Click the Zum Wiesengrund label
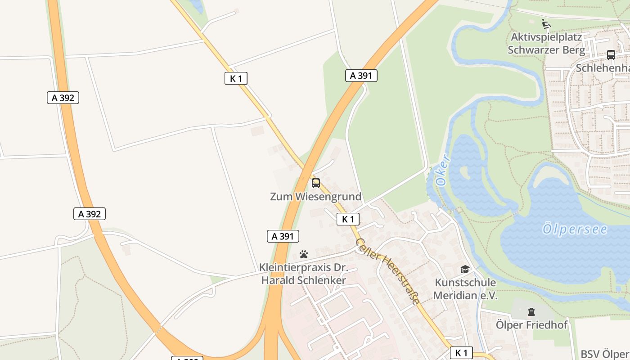coord(315,197)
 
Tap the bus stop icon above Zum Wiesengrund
coord(316,183)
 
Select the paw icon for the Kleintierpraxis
coord(304,254)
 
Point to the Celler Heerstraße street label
coord(388,271)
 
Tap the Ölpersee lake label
coord(575,229)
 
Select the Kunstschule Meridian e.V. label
coord(465,289)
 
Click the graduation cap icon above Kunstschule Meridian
coord(465,270)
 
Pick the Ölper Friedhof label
coord(532,324)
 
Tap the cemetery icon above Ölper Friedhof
coord(531,311)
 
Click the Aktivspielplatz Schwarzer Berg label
coord(546,43)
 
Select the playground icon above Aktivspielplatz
coord(546,24)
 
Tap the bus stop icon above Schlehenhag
coord(611,55)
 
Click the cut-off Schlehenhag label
coord(603,67)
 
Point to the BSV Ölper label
coord(604,354)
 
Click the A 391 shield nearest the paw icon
coord(283,236)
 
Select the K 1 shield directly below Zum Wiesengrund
coord(348,219)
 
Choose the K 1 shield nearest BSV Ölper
coord(461,353)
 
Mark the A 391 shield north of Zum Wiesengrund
coord(361,76)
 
